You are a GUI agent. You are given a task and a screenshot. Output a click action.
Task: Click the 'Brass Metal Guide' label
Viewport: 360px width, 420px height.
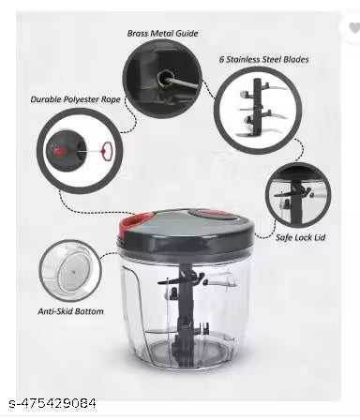click(162, 33)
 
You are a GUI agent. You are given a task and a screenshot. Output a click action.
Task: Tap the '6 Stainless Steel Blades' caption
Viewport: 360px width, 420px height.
click(264, 59)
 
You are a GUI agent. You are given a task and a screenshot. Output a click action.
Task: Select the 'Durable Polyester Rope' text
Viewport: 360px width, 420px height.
click(75, 99)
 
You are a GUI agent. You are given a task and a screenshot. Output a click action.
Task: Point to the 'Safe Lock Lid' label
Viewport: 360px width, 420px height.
click(300, 237)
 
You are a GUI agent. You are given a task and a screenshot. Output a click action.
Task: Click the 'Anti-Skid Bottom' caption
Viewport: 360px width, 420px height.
click(70, 311)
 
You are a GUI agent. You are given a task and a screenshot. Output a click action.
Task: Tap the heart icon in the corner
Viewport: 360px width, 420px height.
click(354, 28)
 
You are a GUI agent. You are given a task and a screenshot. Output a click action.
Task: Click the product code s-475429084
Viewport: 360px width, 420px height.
click(52, 403)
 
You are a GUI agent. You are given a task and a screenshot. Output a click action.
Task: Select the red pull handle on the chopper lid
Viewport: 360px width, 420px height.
click(134, 223)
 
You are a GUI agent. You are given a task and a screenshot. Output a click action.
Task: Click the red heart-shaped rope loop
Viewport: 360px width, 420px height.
click(107, 151)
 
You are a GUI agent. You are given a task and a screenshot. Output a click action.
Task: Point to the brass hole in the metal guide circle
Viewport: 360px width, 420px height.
click(165, 78)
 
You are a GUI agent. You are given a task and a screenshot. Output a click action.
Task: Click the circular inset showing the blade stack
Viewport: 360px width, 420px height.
click(258, 111)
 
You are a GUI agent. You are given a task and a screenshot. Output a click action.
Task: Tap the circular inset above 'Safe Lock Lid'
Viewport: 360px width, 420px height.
click(298, 195)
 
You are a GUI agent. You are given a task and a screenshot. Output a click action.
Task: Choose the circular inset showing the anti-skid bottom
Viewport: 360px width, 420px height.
click(70, 271)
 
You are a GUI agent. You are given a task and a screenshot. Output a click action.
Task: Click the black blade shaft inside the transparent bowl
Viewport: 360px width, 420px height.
click(185, 312)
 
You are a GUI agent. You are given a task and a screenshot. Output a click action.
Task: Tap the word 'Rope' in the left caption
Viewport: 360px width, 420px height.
click(111, 99)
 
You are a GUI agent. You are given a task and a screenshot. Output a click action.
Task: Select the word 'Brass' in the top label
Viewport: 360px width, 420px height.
click(139, 33)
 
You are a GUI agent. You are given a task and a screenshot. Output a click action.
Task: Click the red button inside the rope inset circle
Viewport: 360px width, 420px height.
click(58, 151)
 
